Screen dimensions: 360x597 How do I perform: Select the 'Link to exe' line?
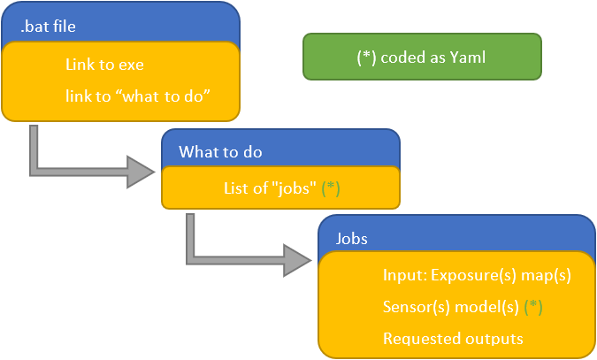tap(104, 65)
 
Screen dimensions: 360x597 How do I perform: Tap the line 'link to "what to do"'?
tap(136, 94)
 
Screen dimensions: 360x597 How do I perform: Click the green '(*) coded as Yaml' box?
tap(421, 57)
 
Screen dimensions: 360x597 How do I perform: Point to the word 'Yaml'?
tap(468, 57)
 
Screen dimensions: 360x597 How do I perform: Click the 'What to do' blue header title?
tap(220, 152)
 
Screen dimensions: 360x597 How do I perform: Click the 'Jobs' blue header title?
tap(352, 239)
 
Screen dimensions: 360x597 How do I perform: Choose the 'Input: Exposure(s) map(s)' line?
tap(477, 275)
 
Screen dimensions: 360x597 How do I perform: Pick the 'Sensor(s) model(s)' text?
tap(451, 307)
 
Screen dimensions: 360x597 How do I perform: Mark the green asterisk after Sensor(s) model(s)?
tap(532, 307)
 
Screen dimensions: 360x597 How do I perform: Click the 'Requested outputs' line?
tap(453, 338)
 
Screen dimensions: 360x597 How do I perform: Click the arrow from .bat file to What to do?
tap(88, 168)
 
